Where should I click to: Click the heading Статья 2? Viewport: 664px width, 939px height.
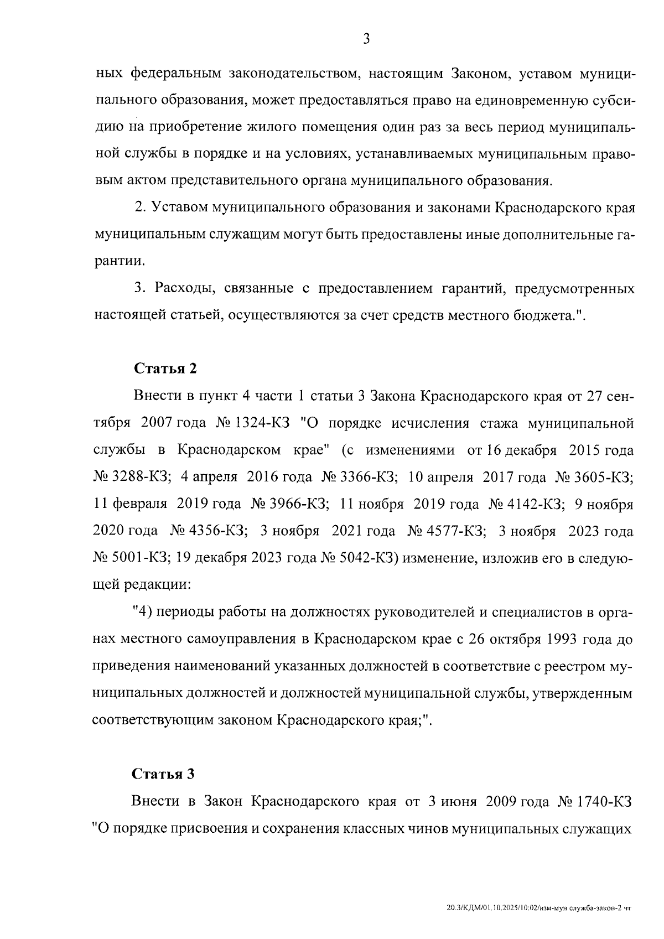pos(165,369)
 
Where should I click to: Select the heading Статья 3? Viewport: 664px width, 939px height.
pos(164,775)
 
